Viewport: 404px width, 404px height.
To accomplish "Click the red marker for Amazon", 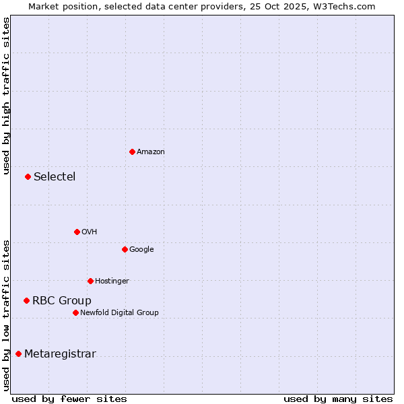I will pos(132,151).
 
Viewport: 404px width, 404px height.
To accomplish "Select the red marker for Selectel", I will pos(28,176).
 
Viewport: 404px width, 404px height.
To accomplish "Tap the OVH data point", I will pos(77,232).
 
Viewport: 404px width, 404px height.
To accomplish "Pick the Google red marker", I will pos(125,249).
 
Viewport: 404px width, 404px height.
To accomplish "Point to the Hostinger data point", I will pos(90,281).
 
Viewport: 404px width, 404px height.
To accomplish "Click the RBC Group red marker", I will pos(26,300).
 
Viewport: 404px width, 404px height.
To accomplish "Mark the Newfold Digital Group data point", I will pos(75,312).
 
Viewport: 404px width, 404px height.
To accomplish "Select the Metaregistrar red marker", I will pos(18,353).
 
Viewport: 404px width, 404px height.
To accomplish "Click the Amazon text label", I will pos(151,152).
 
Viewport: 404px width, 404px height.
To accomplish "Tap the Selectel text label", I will pos(55,177).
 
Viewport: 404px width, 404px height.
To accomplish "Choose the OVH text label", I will pos(90,232).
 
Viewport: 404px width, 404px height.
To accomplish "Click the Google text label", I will pos(141,250).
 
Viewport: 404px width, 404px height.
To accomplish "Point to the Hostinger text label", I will pos(112,281).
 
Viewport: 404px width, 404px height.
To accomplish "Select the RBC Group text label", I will pos(62,301).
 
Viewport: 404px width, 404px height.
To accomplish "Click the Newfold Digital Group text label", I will pos(119,313).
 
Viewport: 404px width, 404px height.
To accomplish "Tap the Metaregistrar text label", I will pos(60,354).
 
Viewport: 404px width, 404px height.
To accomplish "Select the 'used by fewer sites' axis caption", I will pos(69,399).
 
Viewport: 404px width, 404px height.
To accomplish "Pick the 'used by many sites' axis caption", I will pos(338,399).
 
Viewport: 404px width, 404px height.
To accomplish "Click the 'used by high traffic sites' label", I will pos(6,96).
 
